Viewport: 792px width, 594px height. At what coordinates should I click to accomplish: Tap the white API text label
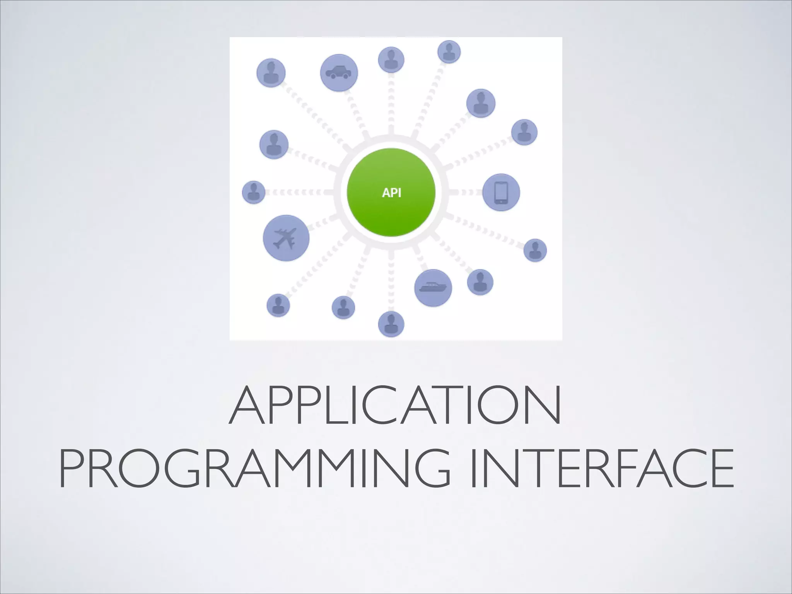tap(391, 193)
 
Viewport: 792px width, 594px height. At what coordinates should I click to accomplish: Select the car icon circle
tap(339, 73)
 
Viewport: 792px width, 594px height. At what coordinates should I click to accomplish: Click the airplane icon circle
tap(286, 238)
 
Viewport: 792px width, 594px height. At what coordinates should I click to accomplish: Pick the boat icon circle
tap(433, 288)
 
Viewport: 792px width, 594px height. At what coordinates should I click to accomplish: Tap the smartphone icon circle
tap(501, 192)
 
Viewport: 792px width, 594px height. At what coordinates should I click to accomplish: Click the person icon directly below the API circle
tap(391, 324)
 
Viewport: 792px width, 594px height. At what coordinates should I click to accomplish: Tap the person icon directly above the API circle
tap(391, 60)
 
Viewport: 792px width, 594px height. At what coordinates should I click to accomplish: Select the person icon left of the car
tap(271, 73)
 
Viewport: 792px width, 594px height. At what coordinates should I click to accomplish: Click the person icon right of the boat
tap(480, 282)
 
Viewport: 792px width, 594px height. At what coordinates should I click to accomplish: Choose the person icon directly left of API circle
tap(254, 192)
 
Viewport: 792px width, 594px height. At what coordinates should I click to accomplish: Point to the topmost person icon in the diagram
tap(449, 51)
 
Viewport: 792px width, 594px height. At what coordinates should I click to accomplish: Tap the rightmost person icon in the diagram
tap(535, 250)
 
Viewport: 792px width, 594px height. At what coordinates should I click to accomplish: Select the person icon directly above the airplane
tap(274, 144)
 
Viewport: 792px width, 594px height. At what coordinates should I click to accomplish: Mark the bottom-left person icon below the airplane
tap(278, 305)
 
